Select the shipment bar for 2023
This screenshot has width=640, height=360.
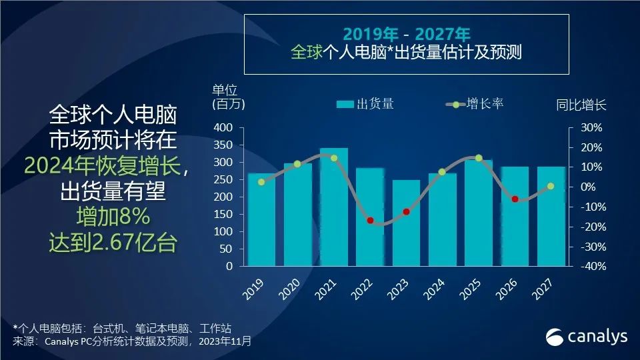[x=406, y=223]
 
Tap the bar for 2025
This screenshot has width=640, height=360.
[x=478, y=213]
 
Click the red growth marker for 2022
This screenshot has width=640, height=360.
[x=370, y=221]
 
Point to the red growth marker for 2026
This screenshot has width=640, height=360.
[x=515, y=199]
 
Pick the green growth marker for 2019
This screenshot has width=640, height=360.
[x=261, y=182]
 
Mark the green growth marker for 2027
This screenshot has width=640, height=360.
[x=551, y=187]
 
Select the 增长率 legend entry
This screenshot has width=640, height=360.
[x=475, y=104]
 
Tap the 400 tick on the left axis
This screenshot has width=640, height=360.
[x=223, y=127]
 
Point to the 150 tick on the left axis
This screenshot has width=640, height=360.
[x=223, y=214]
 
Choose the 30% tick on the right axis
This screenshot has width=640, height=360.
[x=591, y=127]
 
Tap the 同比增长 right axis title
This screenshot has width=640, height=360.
[x=581, y=105]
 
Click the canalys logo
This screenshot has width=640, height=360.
[x=587, y=337]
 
